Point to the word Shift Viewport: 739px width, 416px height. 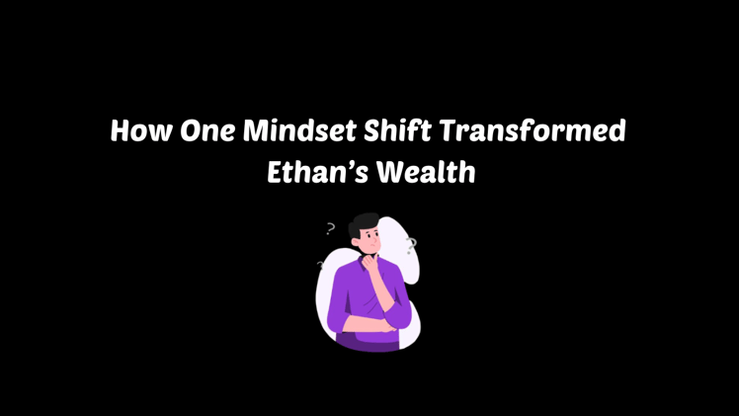(x=402, y=131)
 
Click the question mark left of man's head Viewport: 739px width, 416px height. (x=330, y=229)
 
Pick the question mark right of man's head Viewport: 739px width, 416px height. (x=411, y=245)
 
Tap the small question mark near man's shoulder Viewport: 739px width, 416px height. (x=319, y=265)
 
